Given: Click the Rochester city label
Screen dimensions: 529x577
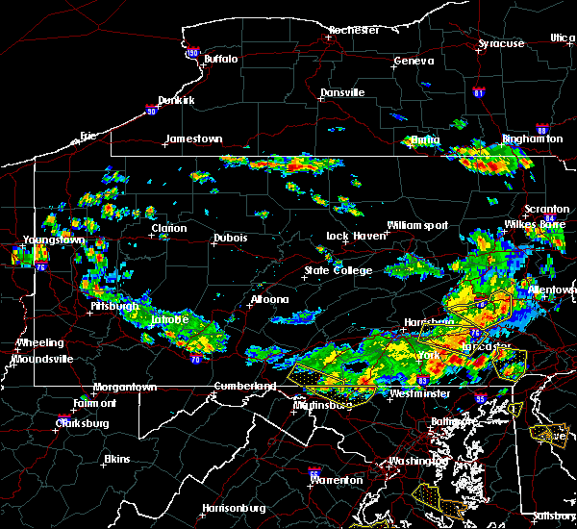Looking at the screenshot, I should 355,31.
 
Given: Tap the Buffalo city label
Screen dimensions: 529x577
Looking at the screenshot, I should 220,60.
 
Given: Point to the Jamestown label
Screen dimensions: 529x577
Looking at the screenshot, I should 193,139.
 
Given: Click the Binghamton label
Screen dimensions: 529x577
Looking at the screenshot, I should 532,139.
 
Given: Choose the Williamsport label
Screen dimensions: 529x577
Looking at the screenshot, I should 417,226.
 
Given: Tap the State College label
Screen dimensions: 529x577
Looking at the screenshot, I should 339,271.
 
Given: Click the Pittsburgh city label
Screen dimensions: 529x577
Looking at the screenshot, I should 113,306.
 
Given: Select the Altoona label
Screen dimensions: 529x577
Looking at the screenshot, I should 269,299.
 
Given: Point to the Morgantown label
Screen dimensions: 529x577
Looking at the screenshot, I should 124,387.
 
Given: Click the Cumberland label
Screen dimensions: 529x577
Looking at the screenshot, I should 244,387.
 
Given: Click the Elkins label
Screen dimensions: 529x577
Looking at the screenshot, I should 116,459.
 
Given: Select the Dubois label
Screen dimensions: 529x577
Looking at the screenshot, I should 231,239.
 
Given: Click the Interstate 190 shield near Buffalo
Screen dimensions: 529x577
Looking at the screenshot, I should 192,54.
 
